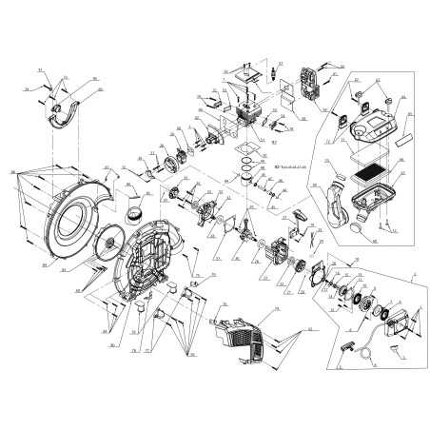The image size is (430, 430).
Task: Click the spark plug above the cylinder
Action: tap(273, 71)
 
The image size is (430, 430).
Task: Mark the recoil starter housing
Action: tap(403, 319)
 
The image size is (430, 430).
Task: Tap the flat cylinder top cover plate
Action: tap(244, 73)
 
